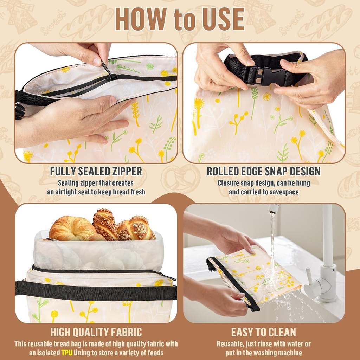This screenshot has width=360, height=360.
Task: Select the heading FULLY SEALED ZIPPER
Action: coord(96,172)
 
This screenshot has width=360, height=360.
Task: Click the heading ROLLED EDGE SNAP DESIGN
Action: coord(264,172)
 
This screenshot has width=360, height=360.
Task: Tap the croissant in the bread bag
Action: coord(72,229)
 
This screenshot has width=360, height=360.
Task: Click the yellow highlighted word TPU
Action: coord(67,352)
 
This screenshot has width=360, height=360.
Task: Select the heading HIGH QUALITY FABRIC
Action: coord(96,332)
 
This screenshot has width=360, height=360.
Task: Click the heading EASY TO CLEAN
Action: coord(264,332)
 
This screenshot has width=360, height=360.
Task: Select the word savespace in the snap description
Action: coord(284,192)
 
